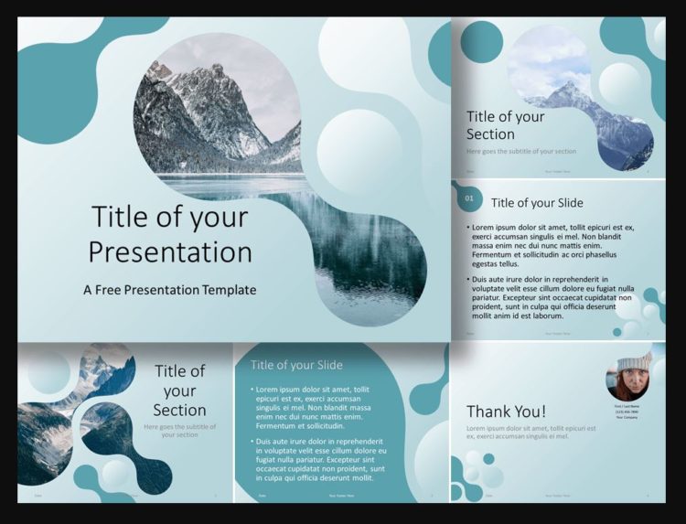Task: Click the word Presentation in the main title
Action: point(171,251)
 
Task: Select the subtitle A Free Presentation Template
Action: point(169,290)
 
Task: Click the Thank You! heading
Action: point(506,412)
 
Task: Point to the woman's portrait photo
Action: point(628,377)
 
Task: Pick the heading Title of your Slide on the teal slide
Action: point(296,365)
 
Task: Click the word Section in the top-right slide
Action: point(490,134)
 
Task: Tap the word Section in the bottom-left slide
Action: point(179,410)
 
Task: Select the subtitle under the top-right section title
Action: point(521,151)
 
